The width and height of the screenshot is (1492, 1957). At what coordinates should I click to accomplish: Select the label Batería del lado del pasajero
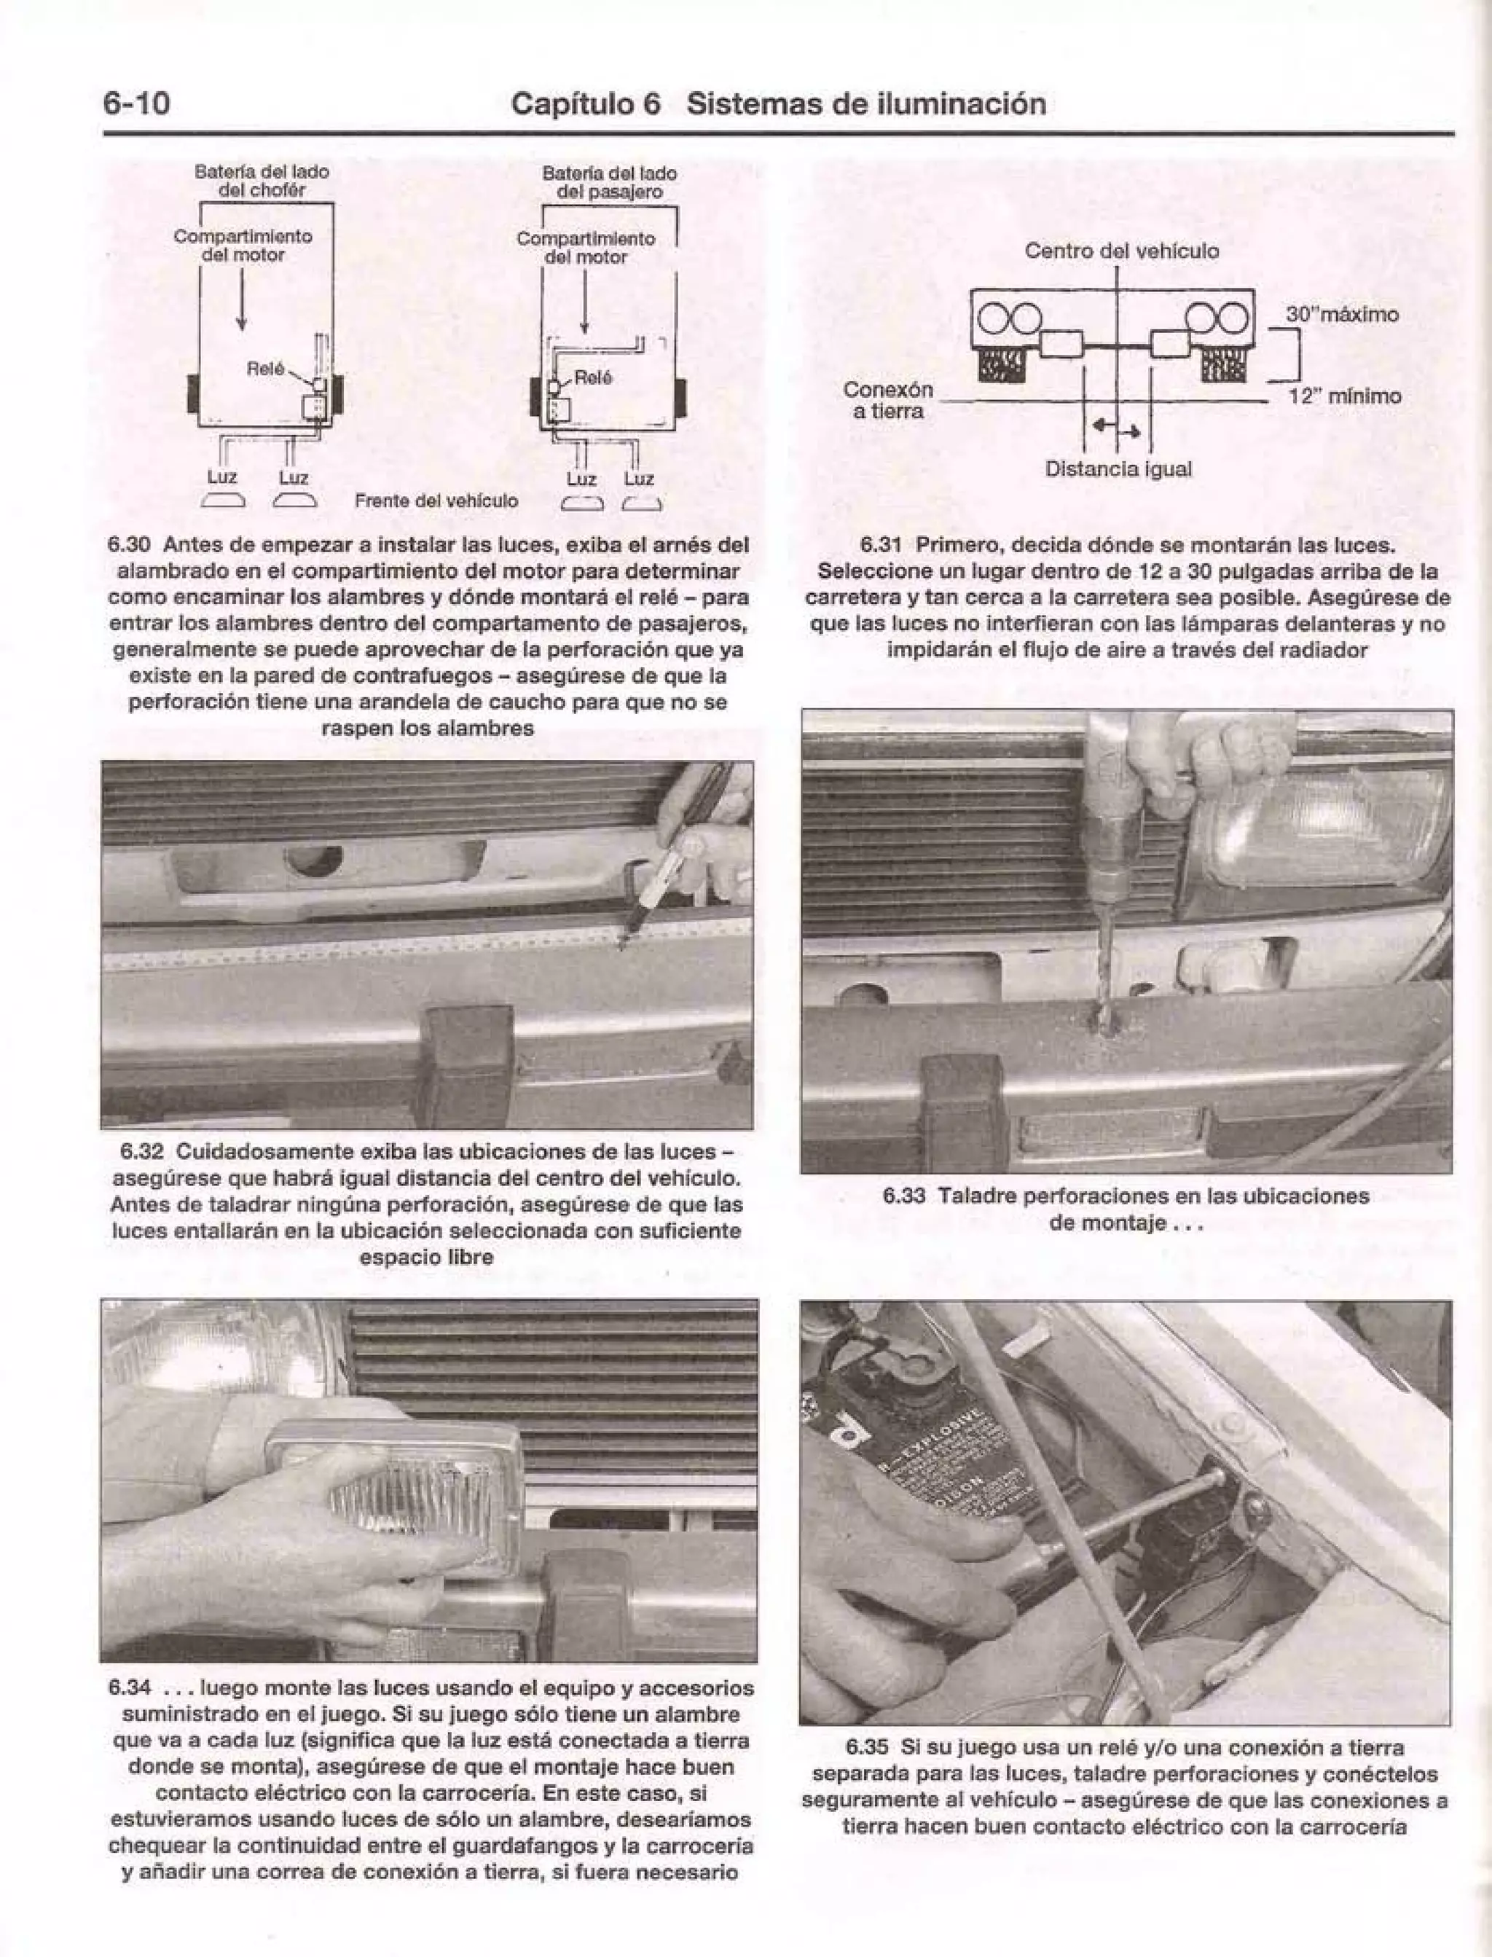(609, 183)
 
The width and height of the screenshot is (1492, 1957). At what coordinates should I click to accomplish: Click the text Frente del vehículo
(436, 502)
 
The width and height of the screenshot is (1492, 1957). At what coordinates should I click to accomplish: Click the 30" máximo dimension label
(1342, 314)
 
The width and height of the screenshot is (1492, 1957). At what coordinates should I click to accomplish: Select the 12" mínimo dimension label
(1343, 396)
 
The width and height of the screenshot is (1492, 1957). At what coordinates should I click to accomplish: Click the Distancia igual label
(1118, 468)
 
